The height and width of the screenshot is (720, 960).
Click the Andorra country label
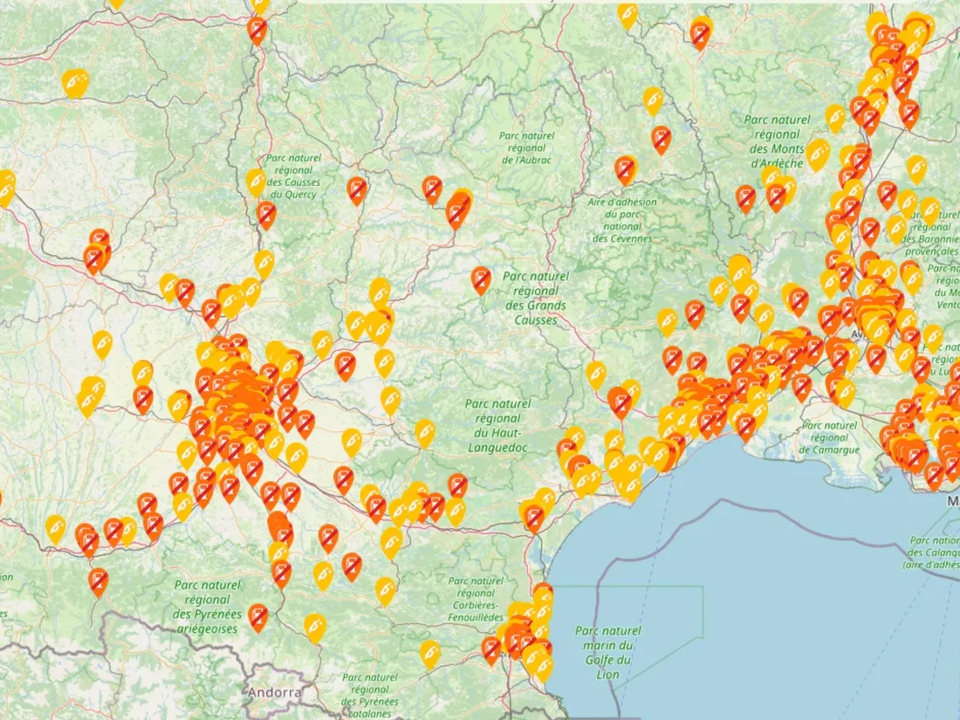pyautogui.click(x=274, y=692)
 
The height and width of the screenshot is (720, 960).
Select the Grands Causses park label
pyautogui.click(x=535, y=297)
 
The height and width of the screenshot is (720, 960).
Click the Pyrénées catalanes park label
pyautogui.click(x=370, y=696)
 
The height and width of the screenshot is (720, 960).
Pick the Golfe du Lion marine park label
pyautogui.click(x=608, y=652)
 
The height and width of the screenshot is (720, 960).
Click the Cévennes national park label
pyautogui.click(x=622, y=220)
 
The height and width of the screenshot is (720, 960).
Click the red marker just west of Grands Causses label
pyautogui.click(x=481, y=279)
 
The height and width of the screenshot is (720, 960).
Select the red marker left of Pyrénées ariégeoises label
pyautogui.click(x=98, y=580)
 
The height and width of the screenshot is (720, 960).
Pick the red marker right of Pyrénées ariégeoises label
pyautogui.click(x=257, y=616)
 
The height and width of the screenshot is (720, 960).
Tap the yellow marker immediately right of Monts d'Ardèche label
pyautogui.click(x=818, y=154)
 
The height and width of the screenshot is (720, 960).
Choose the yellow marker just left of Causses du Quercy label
pyautogui.click(x=256, y=182)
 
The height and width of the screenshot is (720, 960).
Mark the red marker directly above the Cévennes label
pyautogui.click(x=625, y=168)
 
